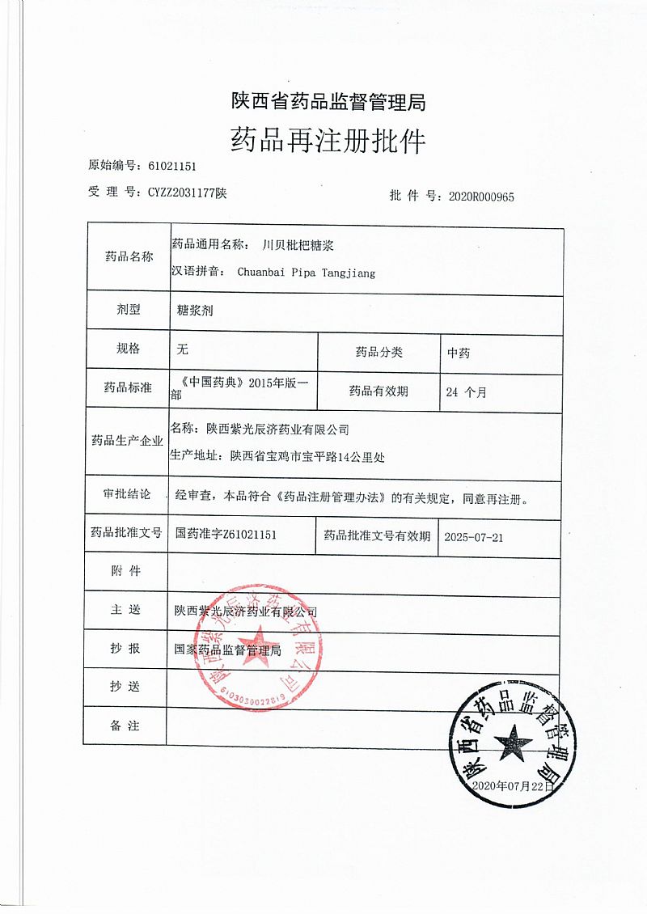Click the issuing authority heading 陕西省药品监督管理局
pos(328,101)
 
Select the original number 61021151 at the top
pos(172,166)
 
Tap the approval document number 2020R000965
pos(480,196)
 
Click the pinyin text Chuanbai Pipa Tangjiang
pos(307,273)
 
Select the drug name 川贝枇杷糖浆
pos(298,243)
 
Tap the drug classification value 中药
pos(459,353)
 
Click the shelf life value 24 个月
pos(467,392)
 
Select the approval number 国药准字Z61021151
pos(227,535)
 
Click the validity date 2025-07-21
pos(474,536)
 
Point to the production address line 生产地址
pos(277,456)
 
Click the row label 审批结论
pos(126,493)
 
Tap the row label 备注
pos(125,726)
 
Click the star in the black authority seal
pos(511,743)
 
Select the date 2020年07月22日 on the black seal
pos(513,785)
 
